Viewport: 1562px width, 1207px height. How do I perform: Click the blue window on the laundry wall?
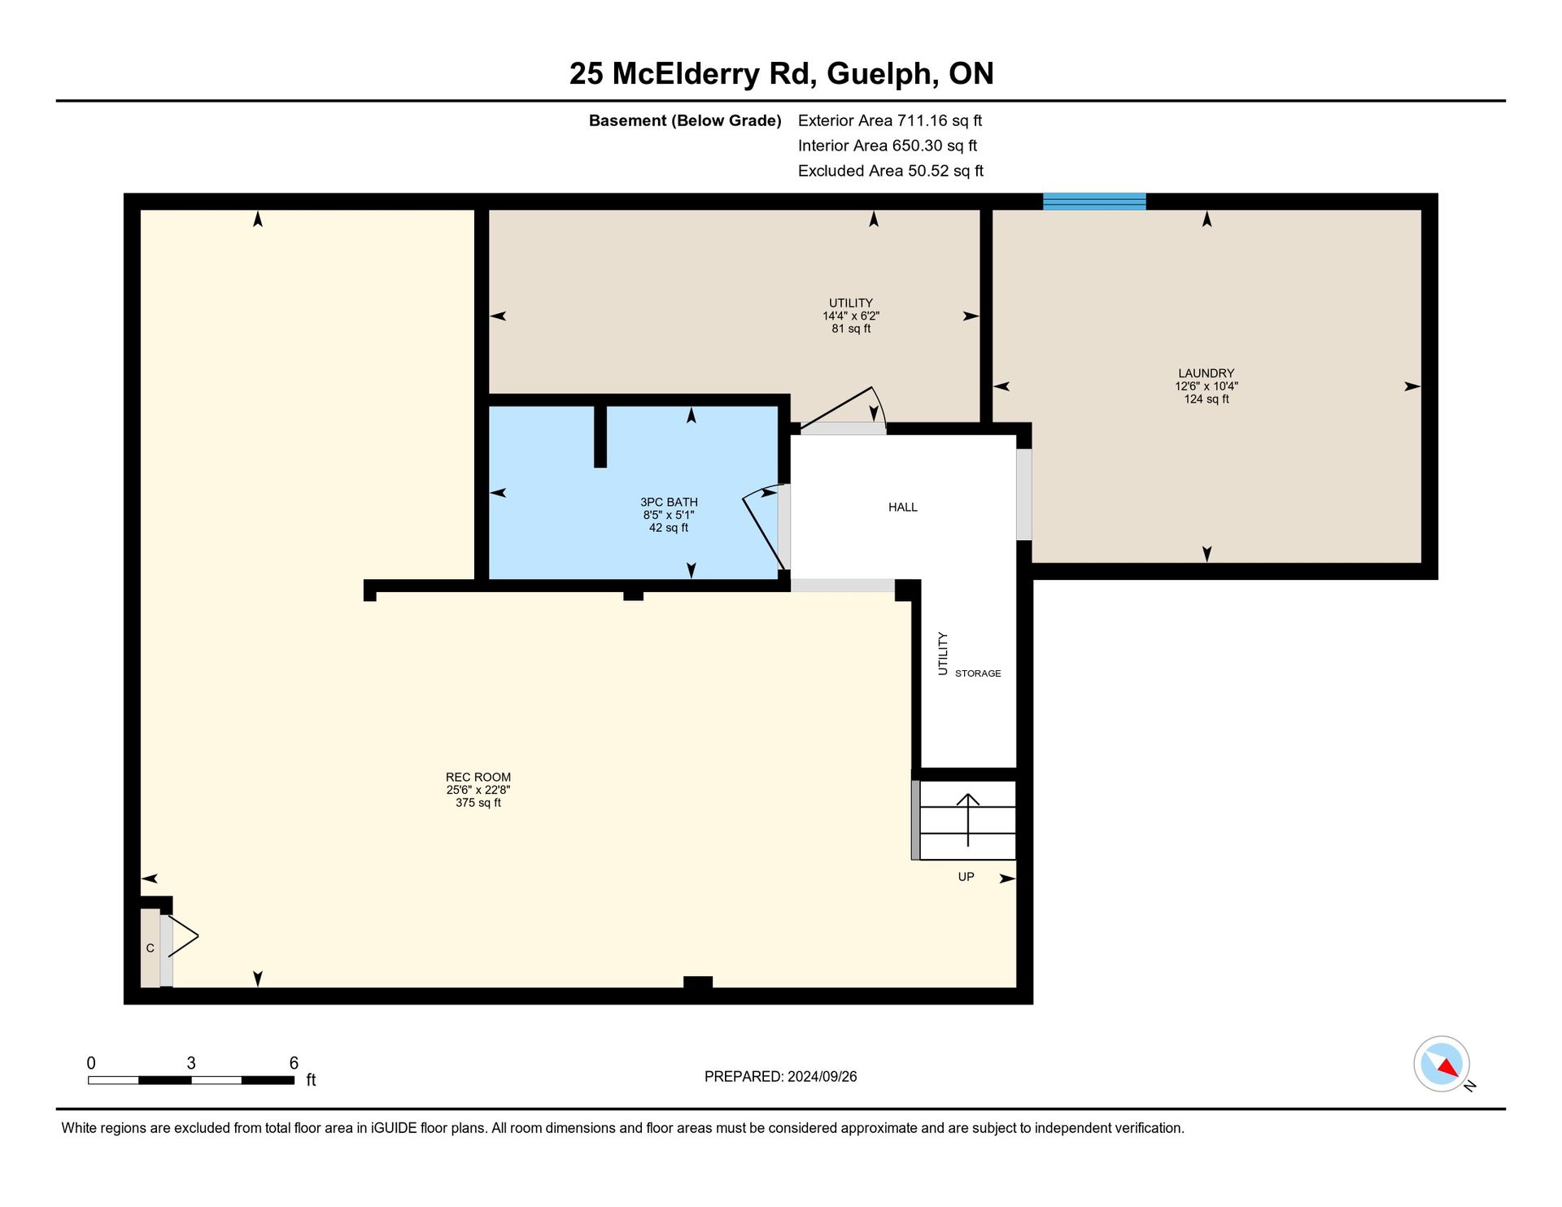point(1094,202)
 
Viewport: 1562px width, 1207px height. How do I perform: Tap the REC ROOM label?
point(478,777)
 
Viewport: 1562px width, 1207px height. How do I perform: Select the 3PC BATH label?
point(669,503)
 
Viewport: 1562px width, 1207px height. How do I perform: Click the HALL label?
point(903,508)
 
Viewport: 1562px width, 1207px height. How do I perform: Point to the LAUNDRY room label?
point(1206,373)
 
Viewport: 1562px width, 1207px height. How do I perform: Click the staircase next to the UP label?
point(967,820)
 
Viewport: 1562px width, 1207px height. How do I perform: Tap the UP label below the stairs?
point(966,877)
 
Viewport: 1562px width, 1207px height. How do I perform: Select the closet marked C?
point(151,948)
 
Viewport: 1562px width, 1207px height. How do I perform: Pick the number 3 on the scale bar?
point(191,1063)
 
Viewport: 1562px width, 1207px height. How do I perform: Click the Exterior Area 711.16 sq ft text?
point(890,120)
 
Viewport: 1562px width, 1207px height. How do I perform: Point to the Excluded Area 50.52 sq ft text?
point(891,171)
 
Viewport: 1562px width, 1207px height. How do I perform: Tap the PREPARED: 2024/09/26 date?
point(780,1077)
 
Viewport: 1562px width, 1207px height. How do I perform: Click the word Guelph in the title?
point(879,74)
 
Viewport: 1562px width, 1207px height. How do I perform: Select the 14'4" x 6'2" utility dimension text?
point(851,316)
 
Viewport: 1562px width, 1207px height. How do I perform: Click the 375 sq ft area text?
point(478,803)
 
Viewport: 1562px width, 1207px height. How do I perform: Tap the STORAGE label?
point(978,673)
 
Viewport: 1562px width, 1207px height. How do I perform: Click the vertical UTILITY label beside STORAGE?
point(943,653)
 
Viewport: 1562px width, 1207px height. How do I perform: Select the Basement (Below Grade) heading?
point(685,121)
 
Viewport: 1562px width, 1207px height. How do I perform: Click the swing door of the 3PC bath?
point(765,527)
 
